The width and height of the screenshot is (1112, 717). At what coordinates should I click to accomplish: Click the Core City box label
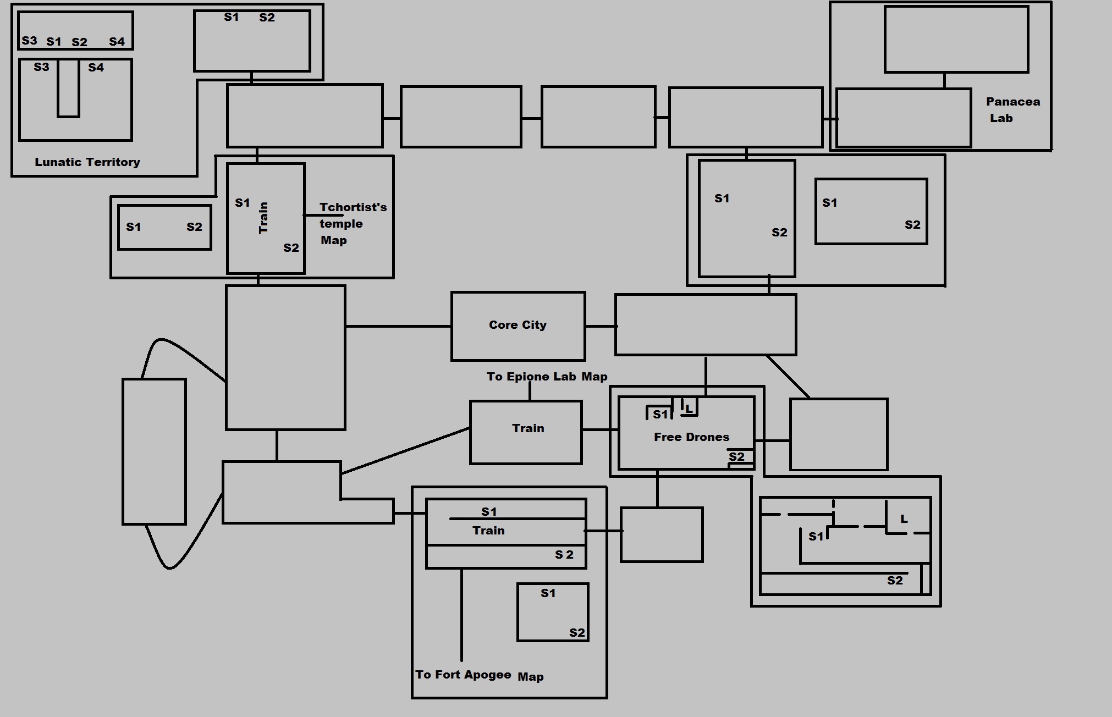click(518, 325)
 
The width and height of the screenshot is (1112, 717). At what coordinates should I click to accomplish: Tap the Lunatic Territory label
click(87, 162)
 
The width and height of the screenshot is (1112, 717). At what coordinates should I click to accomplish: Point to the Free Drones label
click(691, 437)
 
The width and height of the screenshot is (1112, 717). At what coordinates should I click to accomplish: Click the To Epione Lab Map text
click(547, 377)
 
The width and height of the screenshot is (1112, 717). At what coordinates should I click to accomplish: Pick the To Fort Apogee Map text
click(479, 676)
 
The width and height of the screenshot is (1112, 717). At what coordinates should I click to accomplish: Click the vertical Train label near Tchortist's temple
click(263, 218)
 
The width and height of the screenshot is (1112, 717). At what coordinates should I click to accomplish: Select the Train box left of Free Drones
click(526, 433)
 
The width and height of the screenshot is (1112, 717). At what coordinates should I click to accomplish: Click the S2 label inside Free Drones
click(736, 456)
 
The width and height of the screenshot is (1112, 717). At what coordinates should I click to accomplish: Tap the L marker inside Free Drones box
click(689, 409)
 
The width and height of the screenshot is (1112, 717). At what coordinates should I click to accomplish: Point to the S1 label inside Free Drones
click(660, 415)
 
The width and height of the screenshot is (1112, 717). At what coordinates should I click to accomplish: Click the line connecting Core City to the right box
click(600, 326)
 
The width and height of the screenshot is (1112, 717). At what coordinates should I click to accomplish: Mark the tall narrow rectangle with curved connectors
click(154, 451)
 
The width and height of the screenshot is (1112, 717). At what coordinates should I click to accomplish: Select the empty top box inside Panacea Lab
click(956, 40)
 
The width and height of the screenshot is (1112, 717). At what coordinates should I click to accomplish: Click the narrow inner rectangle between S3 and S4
click(68, 88)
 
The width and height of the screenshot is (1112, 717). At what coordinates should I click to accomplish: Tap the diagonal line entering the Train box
click(405, 450)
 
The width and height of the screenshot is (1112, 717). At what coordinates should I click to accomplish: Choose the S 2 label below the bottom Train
click(564, 555)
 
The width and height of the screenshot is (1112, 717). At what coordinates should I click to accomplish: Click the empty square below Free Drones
click(662, 534)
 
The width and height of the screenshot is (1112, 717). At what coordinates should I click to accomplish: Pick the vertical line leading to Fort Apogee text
click(461, 615)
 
